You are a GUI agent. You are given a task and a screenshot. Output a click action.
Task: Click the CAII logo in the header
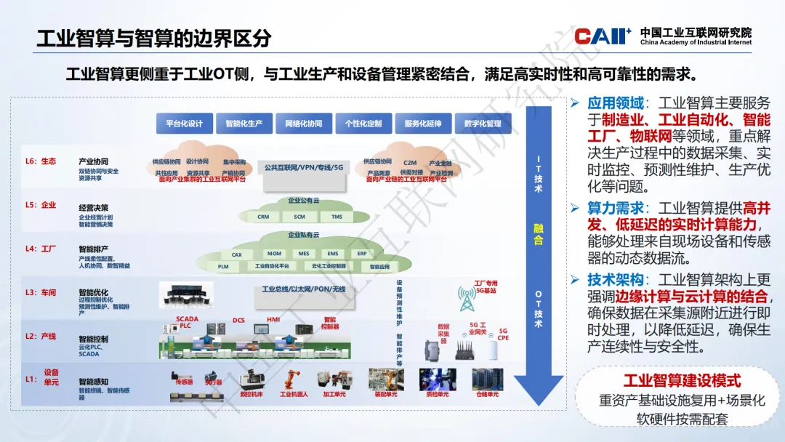pyautogui.click(x=602, y=36)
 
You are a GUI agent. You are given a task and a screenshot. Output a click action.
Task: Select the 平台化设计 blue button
pyautogui.click(x=184, y=124)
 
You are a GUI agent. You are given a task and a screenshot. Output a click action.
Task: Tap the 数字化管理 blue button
pyautogui.click(x=483, y=124)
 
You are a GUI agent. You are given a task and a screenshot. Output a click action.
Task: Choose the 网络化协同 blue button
pyautogui.click(x=303, y=124)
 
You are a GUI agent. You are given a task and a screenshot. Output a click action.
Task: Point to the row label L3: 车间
pyautogui.click(x=41, y=293)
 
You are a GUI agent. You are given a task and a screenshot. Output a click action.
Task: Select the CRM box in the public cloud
pyautogui.click(x=263, y=217)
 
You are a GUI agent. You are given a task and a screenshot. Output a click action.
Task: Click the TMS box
pyautogui.click(x=337, y=217)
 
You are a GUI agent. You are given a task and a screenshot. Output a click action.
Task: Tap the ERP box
pyautogui.click(x=362, y=254)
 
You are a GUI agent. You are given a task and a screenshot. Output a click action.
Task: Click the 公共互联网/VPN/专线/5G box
pyautogui.click(x=303, y=168)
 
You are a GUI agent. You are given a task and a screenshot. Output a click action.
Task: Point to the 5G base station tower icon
pyautogui.click(x=467, y=297)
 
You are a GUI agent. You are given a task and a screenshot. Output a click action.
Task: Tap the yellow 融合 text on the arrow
pyautogui.click(x=538, y=235)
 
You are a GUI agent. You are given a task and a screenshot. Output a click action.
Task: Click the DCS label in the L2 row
pyautogui.click(x=238, y=320)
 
